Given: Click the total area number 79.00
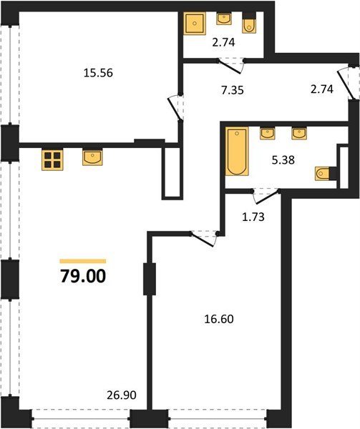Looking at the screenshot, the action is tap(83, 276).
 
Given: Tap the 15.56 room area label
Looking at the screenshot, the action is tap(98, 73).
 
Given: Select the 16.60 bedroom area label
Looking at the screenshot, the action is tap(219, 319).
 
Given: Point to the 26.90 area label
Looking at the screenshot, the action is tap(122, 395).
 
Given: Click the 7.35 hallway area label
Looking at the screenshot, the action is tap(233, 90).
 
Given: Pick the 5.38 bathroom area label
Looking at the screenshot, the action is tap(283, 160).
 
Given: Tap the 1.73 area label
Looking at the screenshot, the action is tap(253, 217).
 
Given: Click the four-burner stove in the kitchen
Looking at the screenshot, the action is tap(52, 159).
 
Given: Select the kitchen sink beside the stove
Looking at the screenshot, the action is tap(92, 157).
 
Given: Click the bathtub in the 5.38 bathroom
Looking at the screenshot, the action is tap(237, 152).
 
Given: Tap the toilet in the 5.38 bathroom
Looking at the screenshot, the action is tap(323, 173).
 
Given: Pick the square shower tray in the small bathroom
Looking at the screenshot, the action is tap(195, 24).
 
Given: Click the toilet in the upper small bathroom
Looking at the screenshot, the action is tap(249, 26).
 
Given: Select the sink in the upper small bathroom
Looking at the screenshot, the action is tap(224, 19).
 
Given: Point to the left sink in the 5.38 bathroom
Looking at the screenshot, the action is tap(268, 134).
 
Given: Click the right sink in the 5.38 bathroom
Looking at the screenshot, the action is tap(299, 134).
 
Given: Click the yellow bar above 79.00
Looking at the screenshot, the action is tap(83, 261).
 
